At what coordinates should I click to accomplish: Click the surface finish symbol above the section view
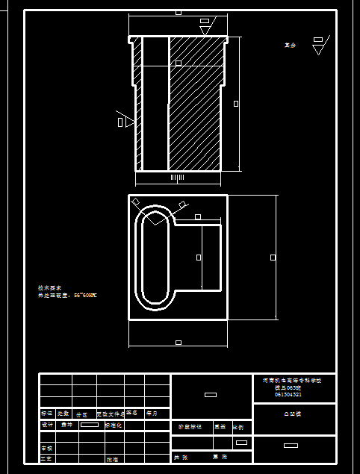[x=205, y=27]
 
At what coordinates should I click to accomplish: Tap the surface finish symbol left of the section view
[x=125, y=121]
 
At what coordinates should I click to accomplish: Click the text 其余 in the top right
[x=291, y=46]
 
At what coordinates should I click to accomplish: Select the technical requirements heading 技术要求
[x=49, y=287]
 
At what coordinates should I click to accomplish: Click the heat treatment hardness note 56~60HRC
[x=68, y=296]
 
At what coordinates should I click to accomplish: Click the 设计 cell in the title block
[x=47, y=425]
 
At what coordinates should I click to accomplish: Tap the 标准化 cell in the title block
[x=114, y=425]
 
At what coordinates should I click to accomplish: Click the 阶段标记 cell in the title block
[x=190, y=427]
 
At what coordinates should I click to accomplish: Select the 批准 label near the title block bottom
[x=112, y=459]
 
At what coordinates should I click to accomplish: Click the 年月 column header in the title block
[x=152, y=413]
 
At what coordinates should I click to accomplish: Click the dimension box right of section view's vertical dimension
[x=236, y=104]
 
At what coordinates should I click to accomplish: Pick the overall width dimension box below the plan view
[x=178, y=343]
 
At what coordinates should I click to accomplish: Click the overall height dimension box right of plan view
[x=273, y=257]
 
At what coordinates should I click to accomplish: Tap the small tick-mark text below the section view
[x=177, y=178]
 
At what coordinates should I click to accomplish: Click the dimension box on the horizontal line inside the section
[x=178, y=63]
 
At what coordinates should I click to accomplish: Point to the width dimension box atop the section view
[x=178, y=12]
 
